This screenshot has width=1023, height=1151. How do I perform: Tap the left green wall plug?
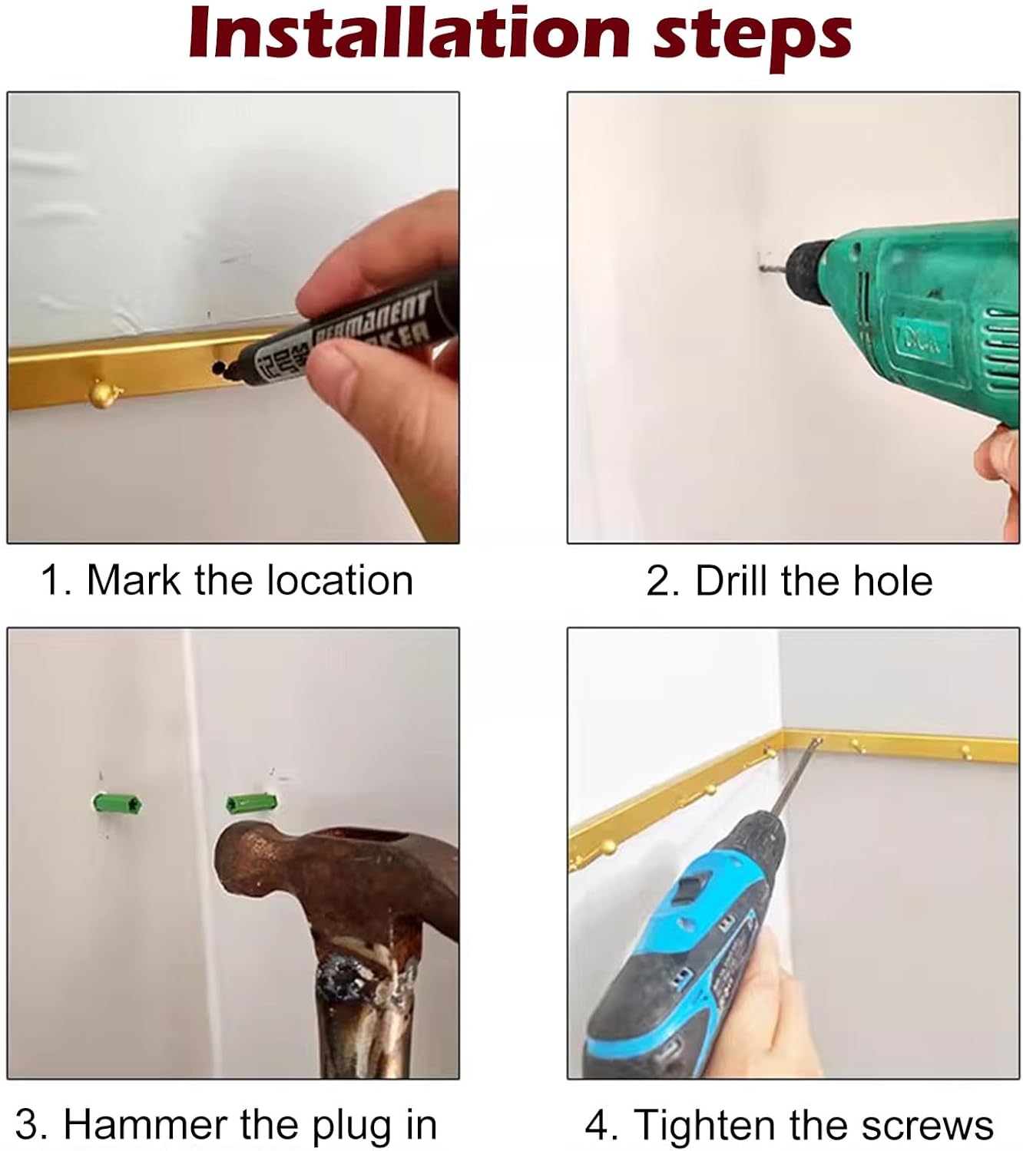pyautogui.click(x=118, y=803)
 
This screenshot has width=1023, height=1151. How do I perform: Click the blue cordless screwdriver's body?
pyautogui.click(x=682, y=960)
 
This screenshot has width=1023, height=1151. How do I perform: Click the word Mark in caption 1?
pyautogui.click(x=134, y=580)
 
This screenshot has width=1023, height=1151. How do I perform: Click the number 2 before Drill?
pyautogui.click(x=657, y=581)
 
